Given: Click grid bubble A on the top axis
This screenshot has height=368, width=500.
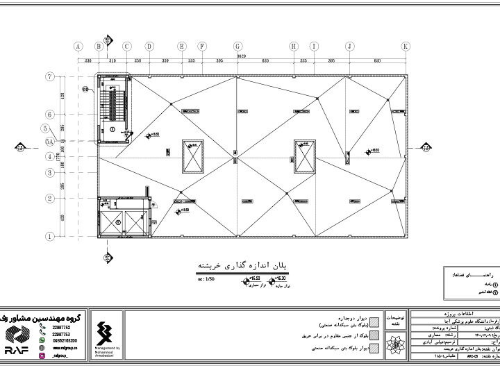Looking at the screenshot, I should tap(78, 47).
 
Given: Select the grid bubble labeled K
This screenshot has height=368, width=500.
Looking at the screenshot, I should tap(405, 47).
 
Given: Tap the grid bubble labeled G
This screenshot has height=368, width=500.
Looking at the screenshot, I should tap(238, 47).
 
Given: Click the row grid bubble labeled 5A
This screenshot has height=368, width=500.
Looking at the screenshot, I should tap(49, 141).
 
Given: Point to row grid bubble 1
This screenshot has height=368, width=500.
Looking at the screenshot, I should tap(50, 236).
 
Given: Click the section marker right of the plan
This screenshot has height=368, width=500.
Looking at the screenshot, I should tap(425, 147).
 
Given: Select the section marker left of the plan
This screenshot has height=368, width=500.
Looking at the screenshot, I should tap(20, 147).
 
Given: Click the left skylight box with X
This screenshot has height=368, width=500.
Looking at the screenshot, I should tap(192, 156).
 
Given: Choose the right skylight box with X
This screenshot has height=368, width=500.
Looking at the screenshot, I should tap(303, 156).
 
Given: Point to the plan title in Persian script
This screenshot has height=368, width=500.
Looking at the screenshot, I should tap(242, 265).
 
